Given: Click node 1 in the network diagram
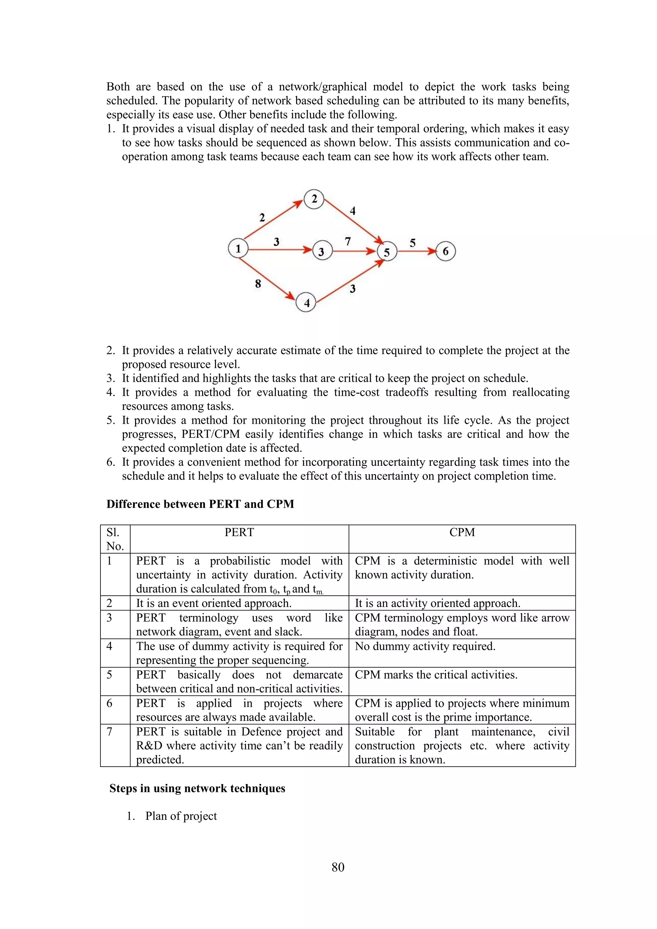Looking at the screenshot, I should pyautogui.click(x=238, y=248).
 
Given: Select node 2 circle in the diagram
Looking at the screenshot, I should pyautogui.click(x=314, y=199).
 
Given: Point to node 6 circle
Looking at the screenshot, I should pyautogui.click(x=445, y=251).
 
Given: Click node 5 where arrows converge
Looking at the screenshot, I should pyautogui.click(x=387, y=252).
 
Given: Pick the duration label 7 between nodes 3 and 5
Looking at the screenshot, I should pyautogui.click(x=347, y=242).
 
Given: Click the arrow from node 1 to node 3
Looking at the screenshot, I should pyautogui.click(x=279, y=250).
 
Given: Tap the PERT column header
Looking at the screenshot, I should pyautogui.click(x=239, y=533).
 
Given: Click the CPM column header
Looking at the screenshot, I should pyautogui.click(x=462, y=533).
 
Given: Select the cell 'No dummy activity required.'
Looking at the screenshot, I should pyautogui.click(x=425, y=646).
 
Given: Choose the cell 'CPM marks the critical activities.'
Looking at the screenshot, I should pyautogui.click(x=436, y=675).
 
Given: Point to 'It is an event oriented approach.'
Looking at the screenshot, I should pyautogui.click(x=214, y=603).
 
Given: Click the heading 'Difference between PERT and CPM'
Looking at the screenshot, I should pyautogui.click(x=200, y=504).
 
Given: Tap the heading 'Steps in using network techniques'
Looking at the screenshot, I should pyautogui.click(x=197, y=788).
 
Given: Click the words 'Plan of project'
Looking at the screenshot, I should pyautogui.click(x=181, y=816).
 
